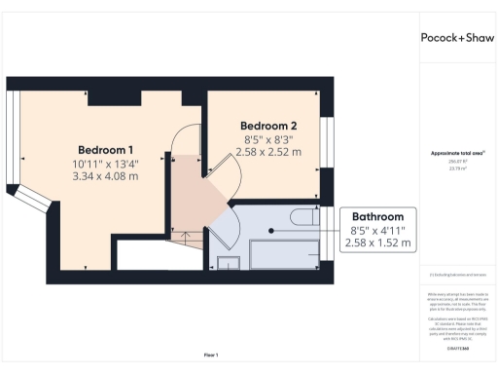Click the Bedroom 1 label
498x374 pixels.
click(x=106, y=149)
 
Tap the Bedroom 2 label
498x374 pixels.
click(x=268, y=126)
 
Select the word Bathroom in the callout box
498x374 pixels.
click(x=378, y=216)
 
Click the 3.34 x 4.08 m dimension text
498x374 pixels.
click(x=106, y=176)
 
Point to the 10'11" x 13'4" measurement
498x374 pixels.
click(x=106, y=163)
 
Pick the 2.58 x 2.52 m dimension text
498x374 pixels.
click(x=268, y=153)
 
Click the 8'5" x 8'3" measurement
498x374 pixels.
click(x=268, y=139)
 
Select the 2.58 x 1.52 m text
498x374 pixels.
click(x=378, y=243)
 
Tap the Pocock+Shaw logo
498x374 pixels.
click(x=455, y=38)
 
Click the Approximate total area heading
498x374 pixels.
click(x=455, y=154)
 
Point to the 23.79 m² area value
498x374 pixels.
click(x=455, y=168)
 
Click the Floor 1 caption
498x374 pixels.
click(x=210, y=354)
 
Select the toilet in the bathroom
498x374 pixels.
click(x=302, y=215)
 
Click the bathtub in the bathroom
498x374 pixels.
click(x=284, y=254)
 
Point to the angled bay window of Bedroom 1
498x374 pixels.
click(x=35, y=199)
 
